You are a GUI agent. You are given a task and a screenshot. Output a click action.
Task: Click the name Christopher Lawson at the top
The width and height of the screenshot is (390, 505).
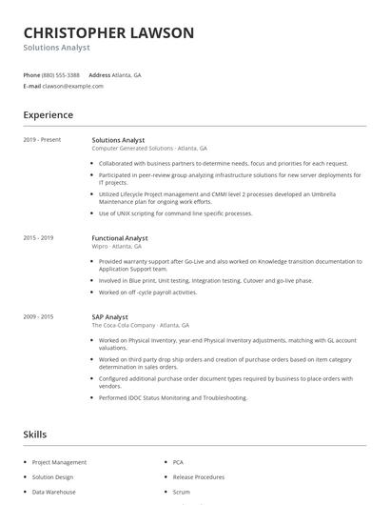108,33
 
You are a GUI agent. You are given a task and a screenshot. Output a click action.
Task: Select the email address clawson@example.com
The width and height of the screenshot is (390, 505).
73,86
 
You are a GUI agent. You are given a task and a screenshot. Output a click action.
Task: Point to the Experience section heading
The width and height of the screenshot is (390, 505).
48,115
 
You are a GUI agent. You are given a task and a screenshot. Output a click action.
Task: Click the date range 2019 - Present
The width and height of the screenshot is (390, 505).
42,140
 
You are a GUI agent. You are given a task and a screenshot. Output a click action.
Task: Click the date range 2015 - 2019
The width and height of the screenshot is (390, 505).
39,237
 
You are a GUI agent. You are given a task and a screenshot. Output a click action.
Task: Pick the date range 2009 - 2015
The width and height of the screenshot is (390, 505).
39,316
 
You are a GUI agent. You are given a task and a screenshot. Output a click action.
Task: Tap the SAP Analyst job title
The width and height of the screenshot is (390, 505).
109,316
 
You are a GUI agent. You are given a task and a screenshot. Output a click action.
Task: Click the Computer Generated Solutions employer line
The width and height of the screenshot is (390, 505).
149,149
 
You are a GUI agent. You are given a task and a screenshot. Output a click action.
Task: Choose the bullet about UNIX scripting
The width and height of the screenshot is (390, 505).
175,213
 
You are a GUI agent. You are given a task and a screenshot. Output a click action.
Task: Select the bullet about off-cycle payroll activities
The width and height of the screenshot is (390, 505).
147,293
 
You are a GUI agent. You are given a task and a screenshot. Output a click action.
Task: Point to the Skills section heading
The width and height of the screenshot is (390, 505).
35,434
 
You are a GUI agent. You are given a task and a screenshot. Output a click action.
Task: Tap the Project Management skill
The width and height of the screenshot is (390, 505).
59,462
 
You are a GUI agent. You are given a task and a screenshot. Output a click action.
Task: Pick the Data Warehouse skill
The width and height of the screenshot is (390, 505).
54,492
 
